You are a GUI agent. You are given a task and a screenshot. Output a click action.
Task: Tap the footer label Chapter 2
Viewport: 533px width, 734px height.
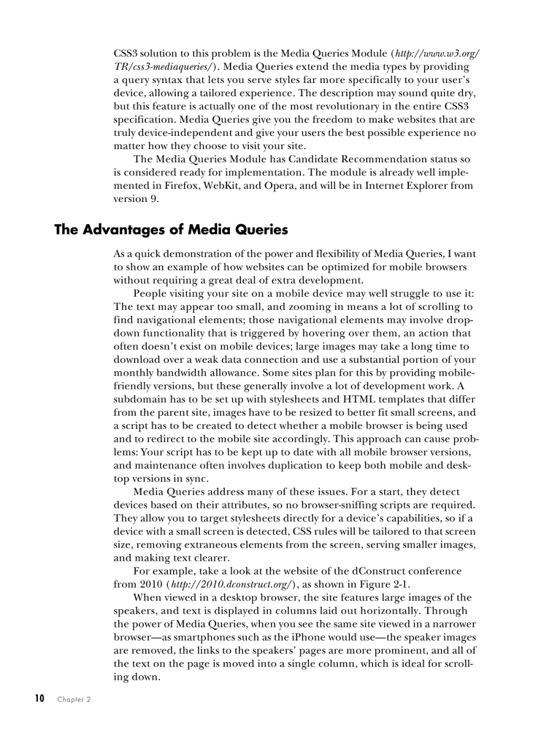click(x=74, y=699)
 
